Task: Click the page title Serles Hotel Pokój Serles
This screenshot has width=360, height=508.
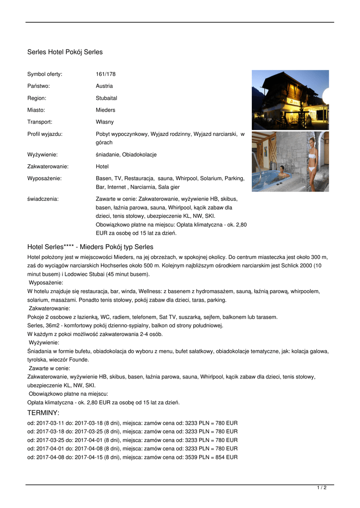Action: (x=65, y=52)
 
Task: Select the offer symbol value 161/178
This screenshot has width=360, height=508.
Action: (x=105, y=74)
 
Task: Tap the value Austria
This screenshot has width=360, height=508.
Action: (x=104, y=86)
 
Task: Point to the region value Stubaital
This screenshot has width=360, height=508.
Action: (x=106, y=98)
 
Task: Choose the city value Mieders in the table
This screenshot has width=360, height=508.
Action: (x=105, y=110)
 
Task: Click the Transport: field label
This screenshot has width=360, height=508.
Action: (x=40, y=122)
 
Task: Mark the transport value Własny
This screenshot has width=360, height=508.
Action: (x=105, y=122)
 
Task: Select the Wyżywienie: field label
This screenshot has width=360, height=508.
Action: (x=42, y=155)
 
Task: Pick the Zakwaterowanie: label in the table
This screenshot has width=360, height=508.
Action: (x=48, y=167)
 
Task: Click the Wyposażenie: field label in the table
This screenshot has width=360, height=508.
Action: (x=44, y=179)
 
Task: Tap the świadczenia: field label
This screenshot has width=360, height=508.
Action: (x=43, y=199)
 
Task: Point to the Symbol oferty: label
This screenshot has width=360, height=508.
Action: (x=45, y=74)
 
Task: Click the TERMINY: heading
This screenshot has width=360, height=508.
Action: (x=43, y=413)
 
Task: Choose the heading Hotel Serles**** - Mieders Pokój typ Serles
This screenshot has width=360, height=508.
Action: (x=90, y=247)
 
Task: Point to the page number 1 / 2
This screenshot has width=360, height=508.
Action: (x=322, y=488)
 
